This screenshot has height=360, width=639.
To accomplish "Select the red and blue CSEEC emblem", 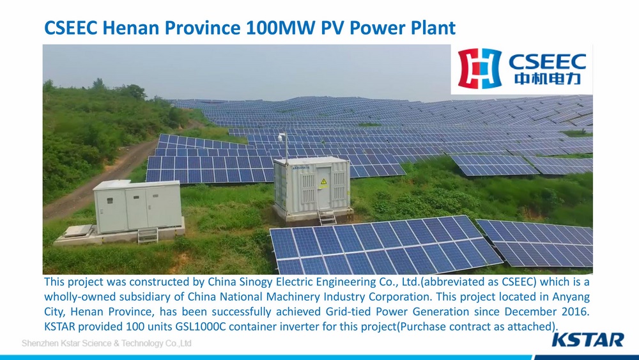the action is coord(479,68).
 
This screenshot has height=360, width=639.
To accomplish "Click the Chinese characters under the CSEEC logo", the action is coord(547,77).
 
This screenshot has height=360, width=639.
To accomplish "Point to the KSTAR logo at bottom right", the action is coord(588,340).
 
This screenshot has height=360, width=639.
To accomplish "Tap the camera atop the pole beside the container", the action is coord(281,137).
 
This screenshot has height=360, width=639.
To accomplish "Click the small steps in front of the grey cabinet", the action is coord(148,235).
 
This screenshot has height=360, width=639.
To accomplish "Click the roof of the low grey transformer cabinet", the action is coord(137,185).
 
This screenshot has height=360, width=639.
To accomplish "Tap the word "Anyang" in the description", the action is coord(571,297).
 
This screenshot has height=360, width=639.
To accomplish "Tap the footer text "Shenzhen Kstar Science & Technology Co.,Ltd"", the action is coord(106,343).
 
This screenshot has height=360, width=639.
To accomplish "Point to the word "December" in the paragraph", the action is coord(530,311).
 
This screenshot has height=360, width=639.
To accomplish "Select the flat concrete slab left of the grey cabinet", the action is coord(78,231).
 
